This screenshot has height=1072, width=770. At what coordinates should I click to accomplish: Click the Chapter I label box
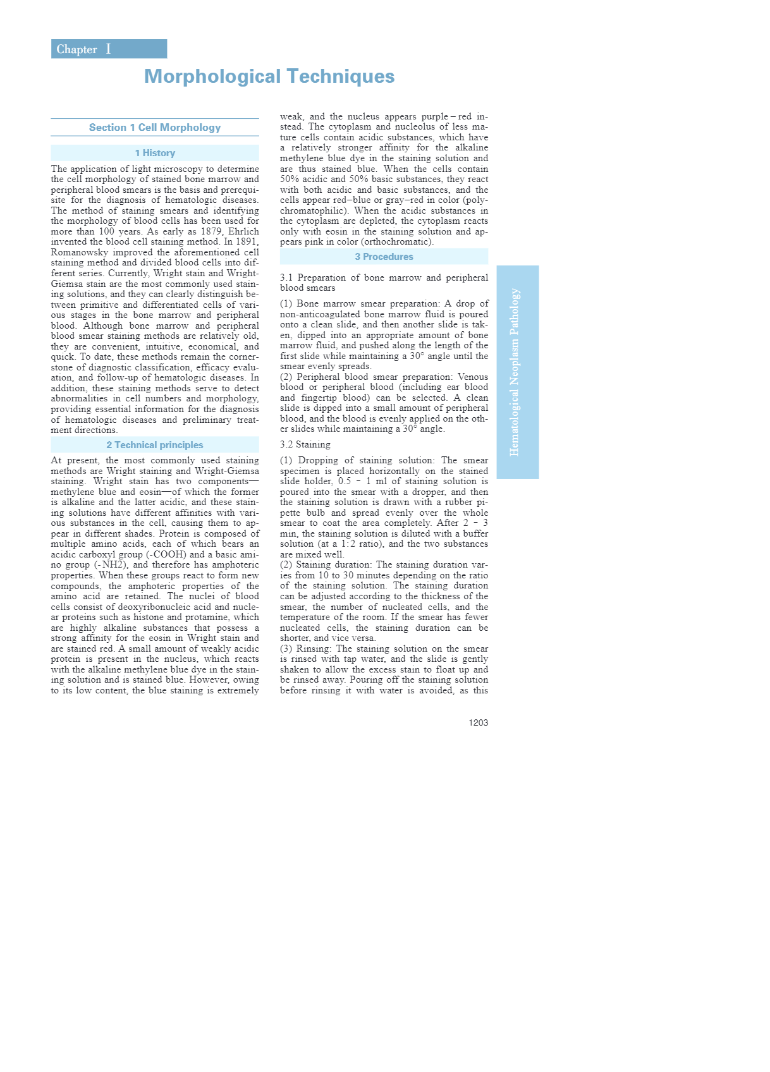pos(109,49)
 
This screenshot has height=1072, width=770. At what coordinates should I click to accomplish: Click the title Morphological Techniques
pos(269,76)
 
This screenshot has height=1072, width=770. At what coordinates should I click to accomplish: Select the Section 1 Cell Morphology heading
pos(155,128)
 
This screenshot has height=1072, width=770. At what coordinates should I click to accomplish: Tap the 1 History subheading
pos(155,153)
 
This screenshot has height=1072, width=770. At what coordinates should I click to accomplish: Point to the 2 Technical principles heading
pos(155,445)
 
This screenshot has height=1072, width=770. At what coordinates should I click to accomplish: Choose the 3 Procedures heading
pos(384,257)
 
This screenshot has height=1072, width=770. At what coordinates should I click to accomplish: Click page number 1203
pos(478,722)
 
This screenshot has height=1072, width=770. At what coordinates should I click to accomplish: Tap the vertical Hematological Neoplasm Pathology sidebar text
pos(515,372)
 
